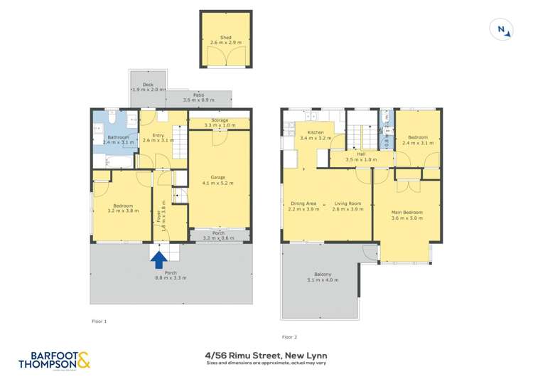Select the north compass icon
(x=502, y=29)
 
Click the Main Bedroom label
(x=407, y=212)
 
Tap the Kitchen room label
(x=315, y=133)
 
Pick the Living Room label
(x=348, y=205)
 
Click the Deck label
(x=148, y=85)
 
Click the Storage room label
(x=220, y=121)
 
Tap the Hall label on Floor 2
(x=360, y=154)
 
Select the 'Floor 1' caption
(x=99, y=321)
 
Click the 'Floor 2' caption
(x=289, y=336)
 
